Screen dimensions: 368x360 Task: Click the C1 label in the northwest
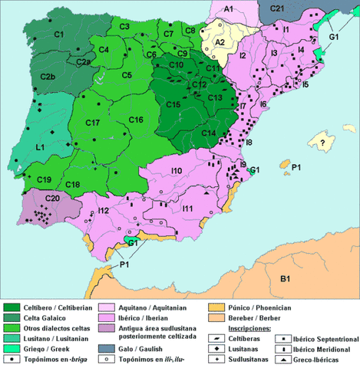pos(59,34)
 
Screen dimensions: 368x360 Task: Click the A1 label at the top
pos(229,8)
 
